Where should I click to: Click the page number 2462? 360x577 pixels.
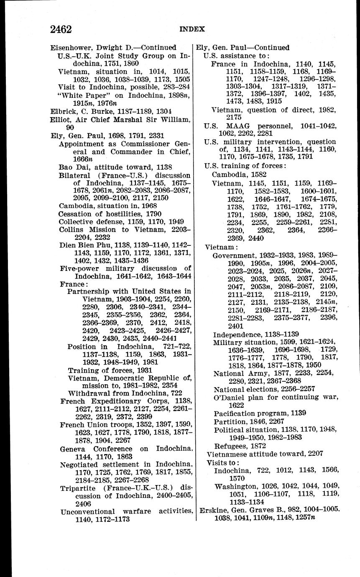click(x=61, y=29)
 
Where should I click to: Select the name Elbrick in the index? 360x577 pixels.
click(x=61, y=111)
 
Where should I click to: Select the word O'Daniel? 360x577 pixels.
click(x=229, y=397)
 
